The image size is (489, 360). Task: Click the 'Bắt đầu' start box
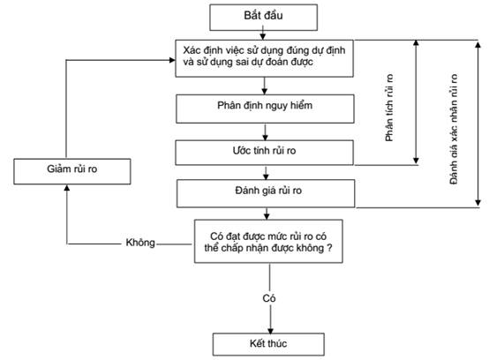click(x=264, y=18)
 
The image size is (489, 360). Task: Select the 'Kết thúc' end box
click(x=268, y=344)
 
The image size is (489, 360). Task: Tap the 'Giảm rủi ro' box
click(x=72, y=171)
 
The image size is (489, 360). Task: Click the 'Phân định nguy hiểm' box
click(x=265, y=109)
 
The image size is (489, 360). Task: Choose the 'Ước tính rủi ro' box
click(x=265, y=153)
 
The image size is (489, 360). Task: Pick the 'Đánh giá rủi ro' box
click(x=266, y=193)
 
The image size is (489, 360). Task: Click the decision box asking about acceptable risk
click(x=268, y=241)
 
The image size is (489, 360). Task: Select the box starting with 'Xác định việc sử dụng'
click(x=265, y=58)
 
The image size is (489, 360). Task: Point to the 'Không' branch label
click(x=140, y=243)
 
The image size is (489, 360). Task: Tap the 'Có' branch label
click(x=269, y=298)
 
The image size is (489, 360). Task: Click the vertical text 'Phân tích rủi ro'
click(x=389, y=108)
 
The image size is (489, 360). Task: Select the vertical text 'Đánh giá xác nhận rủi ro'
click(x=454, y=129)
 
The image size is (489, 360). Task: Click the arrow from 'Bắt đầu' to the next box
click(x=263, y=33)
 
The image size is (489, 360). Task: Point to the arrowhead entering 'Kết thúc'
click(x=270, y=330)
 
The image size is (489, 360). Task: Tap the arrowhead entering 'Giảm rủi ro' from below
click(x=67, y=188)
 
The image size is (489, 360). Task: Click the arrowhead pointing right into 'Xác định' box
click(x=172, y=60)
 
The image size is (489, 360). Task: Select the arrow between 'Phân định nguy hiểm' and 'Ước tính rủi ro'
click(x=265, y=132)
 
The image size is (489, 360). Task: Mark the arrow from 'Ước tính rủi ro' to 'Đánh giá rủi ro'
click(x=266, y=173)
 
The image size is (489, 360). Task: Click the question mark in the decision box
click(x=329, y=248)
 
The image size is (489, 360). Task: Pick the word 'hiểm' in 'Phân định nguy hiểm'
click(x=301, y=105)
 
